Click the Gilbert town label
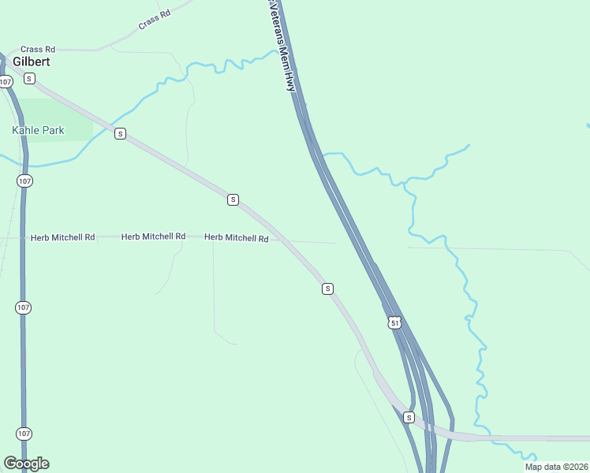32,61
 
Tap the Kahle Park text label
38,130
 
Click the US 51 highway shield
394,322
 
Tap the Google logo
26,464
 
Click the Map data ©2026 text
556,467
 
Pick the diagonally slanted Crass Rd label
154,20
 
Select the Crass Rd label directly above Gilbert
38,49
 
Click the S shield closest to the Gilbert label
29,78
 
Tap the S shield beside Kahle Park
120,134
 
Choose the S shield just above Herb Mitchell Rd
233,199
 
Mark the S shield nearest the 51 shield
327,289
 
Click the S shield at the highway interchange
409,417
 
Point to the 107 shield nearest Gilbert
6,82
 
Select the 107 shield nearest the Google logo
24,434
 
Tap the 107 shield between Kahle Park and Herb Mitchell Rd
24,181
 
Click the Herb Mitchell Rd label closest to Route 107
62,237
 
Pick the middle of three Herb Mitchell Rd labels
153,236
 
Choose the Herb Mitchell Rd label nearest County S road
237,237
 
